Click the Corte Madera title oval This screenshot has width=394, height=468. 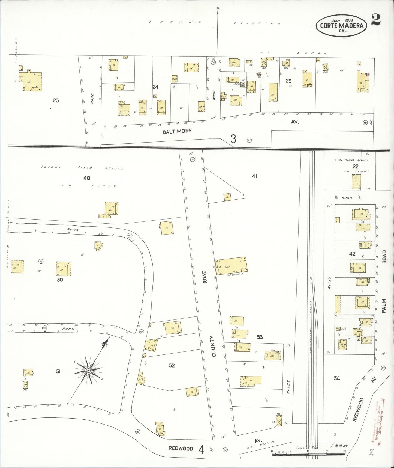(341, 25)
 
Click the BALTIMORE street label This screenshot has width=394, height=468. (177, 131)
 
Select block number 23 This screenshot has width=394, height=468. (56, 100)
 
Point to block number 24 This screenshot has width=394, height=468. (155, 87)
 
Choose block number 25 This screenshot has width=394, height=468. (288, 81)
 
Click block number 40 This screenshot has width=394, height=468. (87, 178)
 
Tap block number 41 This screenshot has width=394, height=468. (254, 176)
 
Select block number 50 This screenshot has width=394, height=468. (60, 280)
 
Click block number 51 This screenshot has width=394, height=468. (58, 371)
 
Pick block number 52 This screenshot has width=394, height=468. (172, 365)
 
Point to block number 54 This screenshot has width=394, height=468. (337, 378)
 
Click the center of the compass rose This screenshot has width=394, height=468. (88, 371)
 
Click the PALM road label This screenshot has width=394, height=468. (384, 306)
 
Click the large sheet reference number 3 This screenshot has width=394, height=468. (233, 139)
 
